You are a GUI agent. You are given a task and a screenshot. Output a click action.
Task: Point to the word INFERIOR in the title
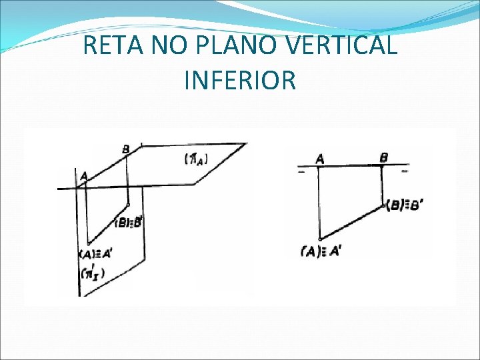coord(239,80)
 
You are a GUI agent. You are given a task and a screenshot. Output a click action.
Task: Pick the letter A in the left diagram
coord(83,176)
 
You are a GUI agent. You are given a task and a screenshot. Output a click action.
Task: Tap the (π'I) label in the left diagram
coord(93,273)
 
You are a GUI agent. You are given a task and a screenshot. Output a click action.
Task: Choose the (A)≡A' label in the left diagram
coord(97,254)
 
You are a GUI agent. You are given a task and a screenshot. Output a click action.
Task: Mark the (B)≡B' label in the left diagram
coord(129,223)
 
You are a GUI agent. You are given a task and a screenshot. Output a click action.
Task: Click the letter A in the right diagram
coord(320,158)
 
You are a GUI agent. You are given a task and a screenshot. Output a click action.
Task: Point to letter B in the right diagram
coord(384,157)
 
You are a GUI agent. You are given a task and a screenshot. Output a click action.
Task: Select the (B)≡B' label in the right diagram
coord(403,206)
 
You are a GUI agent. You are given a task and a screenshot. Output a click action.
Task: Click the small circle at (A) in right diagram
coord(320,238)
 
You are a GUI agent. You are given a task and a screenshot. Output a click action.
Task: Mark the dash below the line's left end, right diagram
coord(301,172)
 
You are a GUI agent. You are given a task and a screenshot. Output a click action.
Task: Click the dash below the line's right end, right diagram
coord(403,172)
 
